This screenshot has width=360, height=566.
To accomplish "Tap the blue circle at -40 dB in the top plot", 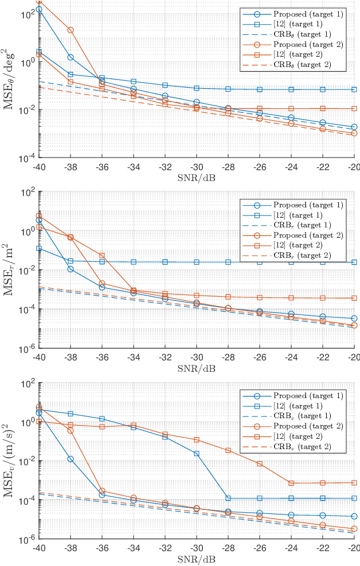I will pos(39,10).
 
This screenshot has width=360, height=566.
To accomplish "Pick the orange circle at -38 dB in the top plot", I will pos(71,30).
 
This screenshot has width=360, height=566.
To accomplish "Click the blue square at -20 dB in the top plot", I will pos(354,89).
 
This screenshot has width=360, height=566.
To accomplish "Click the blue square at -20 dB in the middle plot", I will pos(354,262).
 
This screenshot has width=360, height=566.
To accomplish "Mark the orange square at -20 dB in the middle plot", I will pos(354,298).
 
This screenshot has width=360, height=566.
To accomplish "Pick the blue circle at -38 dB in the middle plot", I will pos(71,269).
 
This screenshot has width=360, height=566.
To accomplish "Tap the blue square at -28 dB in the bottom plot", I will pos(228,498).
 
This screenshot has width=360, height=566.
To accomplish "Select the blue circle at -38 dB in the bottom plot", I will pos(71,459).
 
